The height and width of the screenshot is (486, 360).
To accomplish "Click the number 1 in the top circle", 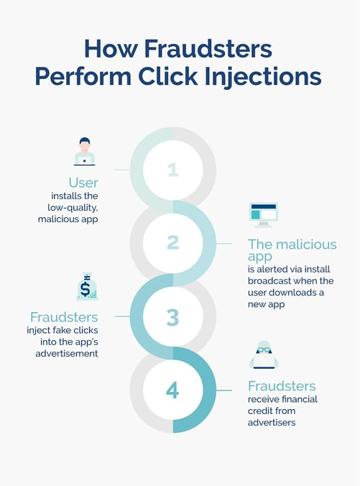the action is pos(173,170).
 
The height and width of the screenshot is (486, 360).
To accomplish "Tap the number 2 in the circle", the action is pos(173,243).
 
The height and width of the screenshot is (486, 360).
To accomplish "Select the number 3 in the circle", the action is pos(173,317).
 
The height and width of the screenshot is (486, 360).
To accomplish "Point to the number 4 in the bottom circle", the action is pos(172,390).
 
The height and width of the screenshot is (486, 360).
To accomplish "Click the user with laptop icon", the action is pos(84,151).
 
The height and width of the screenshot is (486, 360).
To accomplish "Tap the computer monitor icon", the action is pos(263,215).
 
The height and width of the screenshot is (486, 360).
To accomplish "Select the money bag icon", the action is pos(87,286).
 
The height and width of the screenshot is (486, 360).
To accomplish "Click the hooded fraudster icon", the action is pos(264,354).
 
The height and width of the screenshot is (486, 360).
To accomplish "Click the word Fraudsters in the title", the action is pos(208,49).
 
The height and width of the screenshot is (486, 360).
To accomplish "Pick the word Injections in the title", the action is pos(263,77).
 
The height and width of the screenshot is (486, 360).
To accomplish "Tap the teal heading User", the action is pos(83,183).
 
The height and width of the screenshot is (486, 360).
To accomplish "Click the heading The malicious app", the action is pos(292,250).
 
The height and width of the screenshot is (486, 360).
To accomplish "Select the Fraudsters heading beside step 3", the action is pos(64,317).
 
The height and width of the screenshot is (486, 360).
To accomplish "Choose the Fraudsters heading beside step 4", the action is pos(282,386).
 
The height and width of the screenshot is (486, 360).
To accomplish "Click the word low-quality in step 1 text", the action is pos(73,208).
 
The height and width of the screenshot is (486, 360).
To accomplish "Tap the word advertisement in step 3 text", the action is pos(67,353).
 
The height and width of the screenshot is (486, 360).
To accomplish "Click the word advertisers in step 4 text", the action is pos(272,423).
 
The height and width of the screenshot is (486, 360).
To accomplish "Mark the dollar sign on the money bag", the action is pos(86,288).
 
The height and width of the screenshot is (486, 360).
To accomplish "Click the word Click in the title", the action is pos(168,76).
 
